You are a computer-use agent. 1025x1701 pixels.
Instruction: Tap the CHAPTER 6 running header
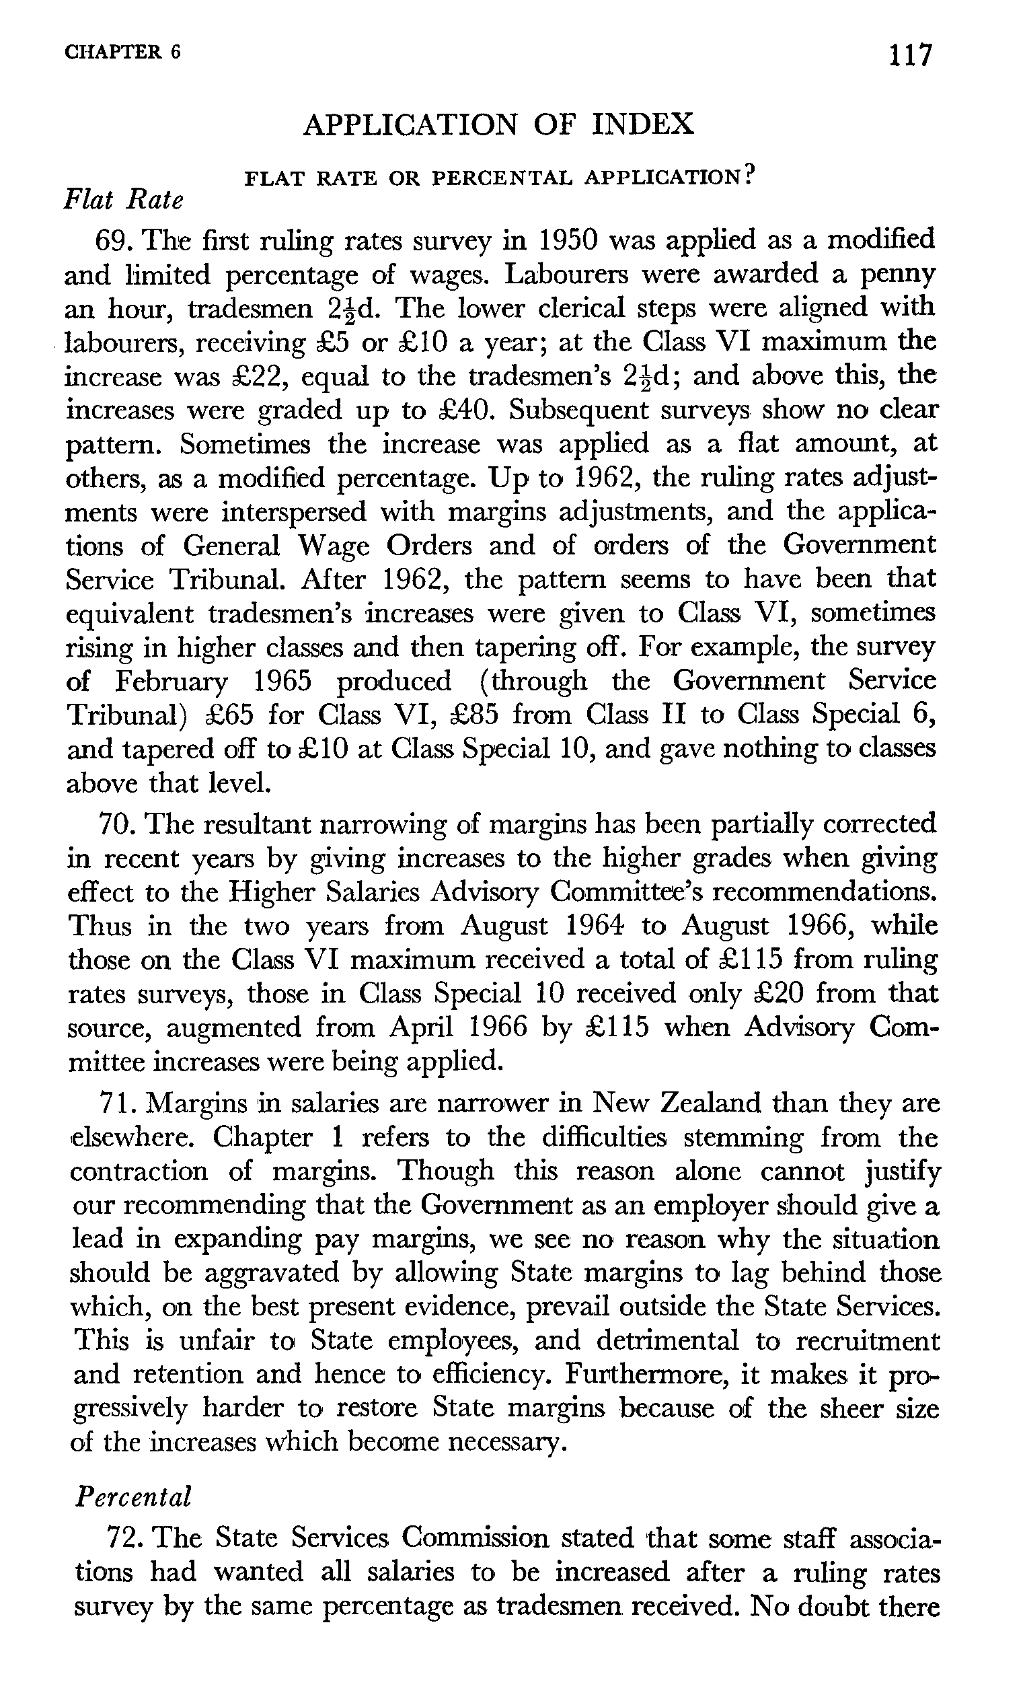point(122,52)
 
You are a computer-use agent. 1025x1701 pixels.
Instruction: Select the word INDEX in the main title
point(642,124)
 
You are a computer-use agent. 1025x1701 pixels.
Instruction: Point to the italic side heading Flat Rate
point(124,201)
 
